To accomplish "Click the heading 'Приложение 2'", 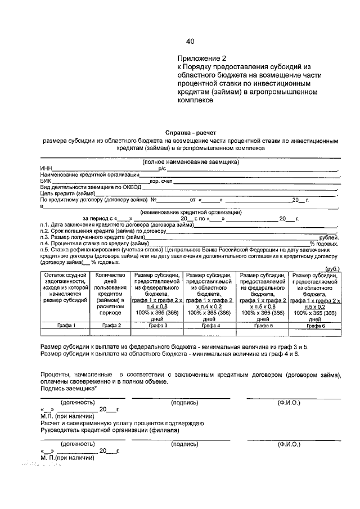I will (201, 58).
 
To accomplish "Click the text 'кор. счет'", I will (160, 181).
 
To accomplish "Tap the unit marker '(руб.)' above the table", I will (332, 269).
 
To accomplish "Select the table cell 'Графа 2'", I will (111, 325).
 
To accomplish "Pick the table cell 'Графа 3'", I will (158, 325).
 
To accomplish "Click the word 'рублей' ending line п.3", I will (328, 237).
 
